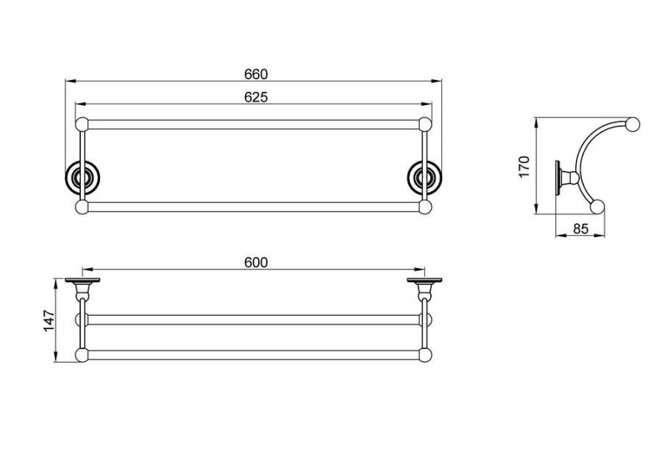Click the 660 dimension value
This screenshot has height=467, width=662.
[x=256, y=74]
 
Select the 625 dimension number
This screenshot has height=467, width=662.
[x=256, y=98]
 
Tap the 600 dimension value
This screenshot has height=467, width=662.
[x=256, y=263]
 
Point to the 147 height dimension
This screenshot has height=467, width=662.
[x=49, y=321]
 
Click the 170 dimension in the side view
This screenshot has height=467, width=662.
[x=524, y=167]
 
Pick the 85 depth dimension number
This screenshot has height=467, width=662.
[x=580, y=229]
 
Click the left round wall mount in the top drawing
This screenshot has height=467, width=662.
[x=82, y=178]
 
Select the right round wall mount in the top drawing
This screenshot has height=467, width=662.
[x=424, y=178]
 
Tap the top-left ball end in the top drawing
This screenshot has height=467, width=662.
[x=82, y=124]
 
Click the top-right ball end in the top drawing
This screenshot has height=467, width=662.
[x=425, y=124]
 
